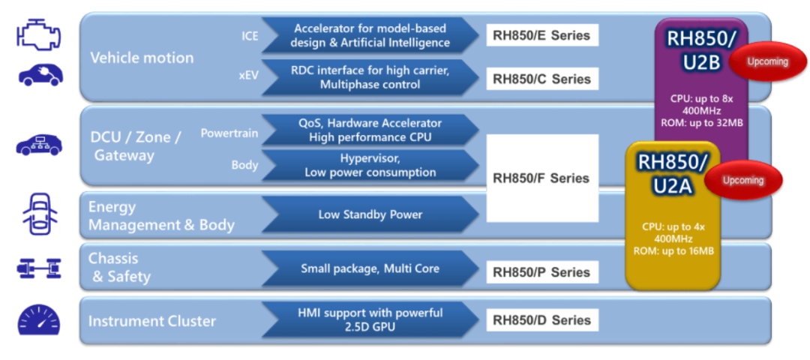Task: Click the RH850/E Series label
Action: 541,35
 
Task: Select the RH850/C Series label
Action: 541,79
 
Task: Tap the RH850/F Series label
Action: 541,178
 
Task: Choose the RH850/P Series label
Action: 541,272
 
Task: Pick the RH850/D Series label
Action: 541,320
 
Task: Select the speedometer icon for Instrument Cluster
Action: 38,320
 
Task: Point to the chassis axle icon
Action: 39,268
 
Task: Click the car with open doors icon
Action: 39,214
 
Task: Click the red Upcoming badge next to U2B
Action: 766,62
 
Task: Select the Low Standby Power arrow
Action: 370,214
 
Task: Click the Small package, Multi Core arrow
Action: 370,268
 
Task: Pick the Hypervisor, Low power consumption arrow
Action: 370,166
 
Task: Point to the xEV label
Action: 248,76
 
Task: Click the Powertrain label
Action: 229,133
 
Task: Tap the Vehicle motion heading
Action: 142,58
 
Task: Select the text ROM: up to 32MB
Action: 701,123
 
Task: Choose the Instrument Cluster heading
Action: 152,321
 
